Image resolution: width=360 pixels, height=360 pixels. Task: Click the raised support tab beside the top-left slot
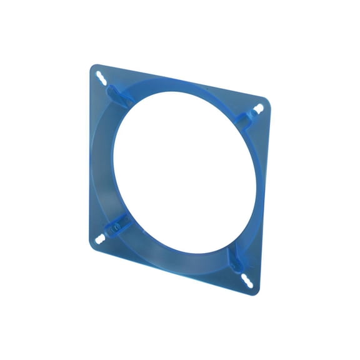(x=114, y=92)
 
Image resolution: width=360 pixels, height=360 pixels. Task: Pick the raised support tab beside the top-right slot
(x=244, y=119)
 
